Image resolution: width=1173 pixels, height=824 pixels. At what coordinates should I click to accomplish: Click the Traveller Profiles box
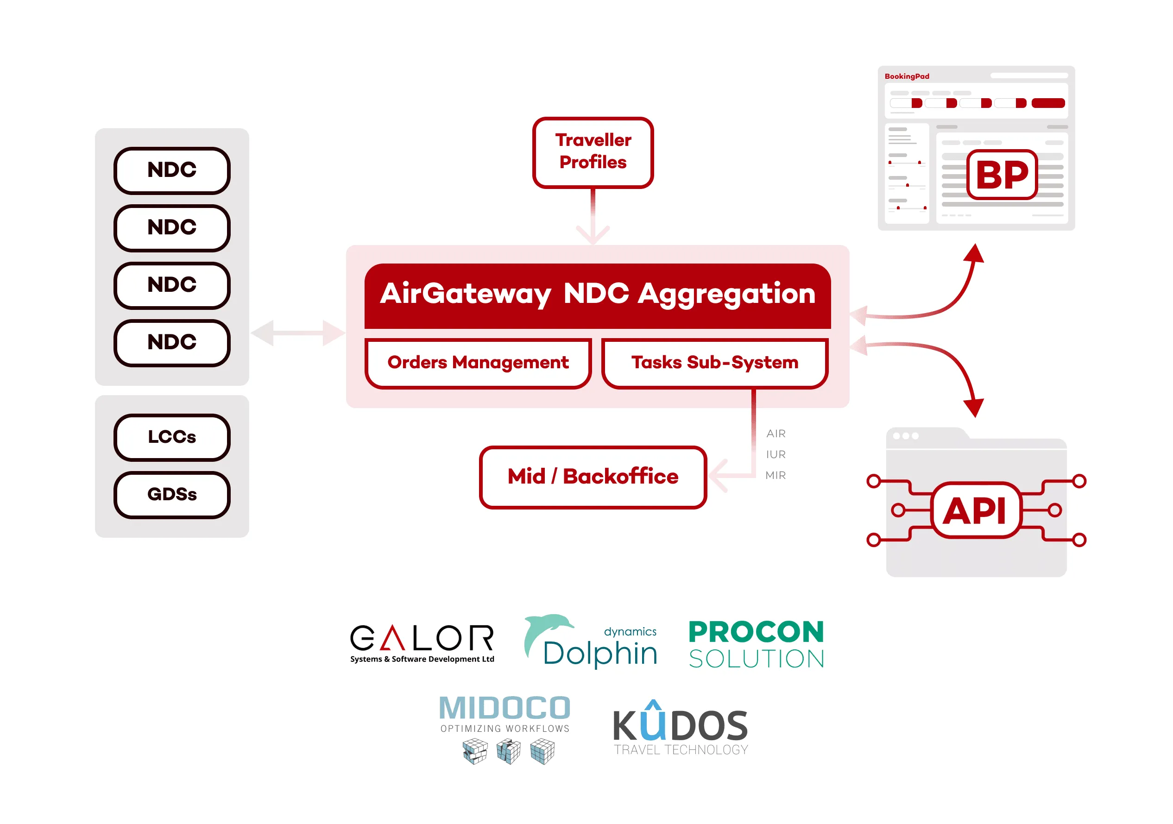pos(593,152)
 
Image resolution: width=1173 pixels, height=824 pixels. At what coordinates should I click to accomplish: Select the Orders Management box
pos(478,363)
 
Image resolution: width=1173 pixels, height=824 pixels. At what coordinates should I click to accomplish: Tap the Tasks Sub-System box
pos(714,363)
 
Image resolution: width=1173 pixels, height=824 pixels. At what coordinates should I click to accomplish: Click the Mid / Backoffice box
pos(593,477)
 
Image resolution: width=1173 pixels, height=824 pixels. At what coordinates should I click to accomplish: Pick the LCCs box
pos(172,437)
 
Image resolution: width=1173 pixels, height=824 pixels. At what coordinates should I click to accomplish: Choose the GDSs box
pos(172,495)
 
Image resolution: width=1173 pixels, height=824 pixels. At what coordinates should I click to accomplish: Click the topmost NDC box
pos(172,170)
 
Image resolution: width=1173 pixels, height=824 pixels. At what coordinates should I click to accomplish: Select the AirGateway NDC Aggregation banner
pos(597,295)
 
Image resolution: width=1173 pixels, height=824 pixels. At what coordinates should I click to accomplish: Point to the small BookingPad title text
pos(906,76)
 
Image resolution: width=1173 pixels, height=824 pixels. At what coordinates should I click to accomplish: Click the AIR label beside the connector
pos(776,434)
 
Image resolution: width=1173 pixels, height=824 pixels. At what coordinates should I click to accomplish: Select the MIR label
pos(776,476)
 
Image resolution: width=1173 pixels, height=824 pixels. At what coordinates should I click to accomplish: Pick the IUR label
pos(776,455)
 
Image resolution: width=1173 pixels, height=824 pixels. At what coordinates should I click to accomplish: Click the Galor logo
pos(422,642)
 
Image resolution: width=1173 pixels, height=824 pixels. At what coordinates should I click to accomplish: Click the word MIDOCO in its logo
pos(505,708)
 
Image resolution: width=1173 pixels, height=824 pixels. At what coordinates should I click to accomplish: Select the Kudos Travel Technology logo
pos(681,728)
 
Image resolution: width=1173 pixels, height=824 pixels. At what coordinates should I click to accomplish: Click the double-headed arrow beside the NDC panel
pos(298,333)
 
